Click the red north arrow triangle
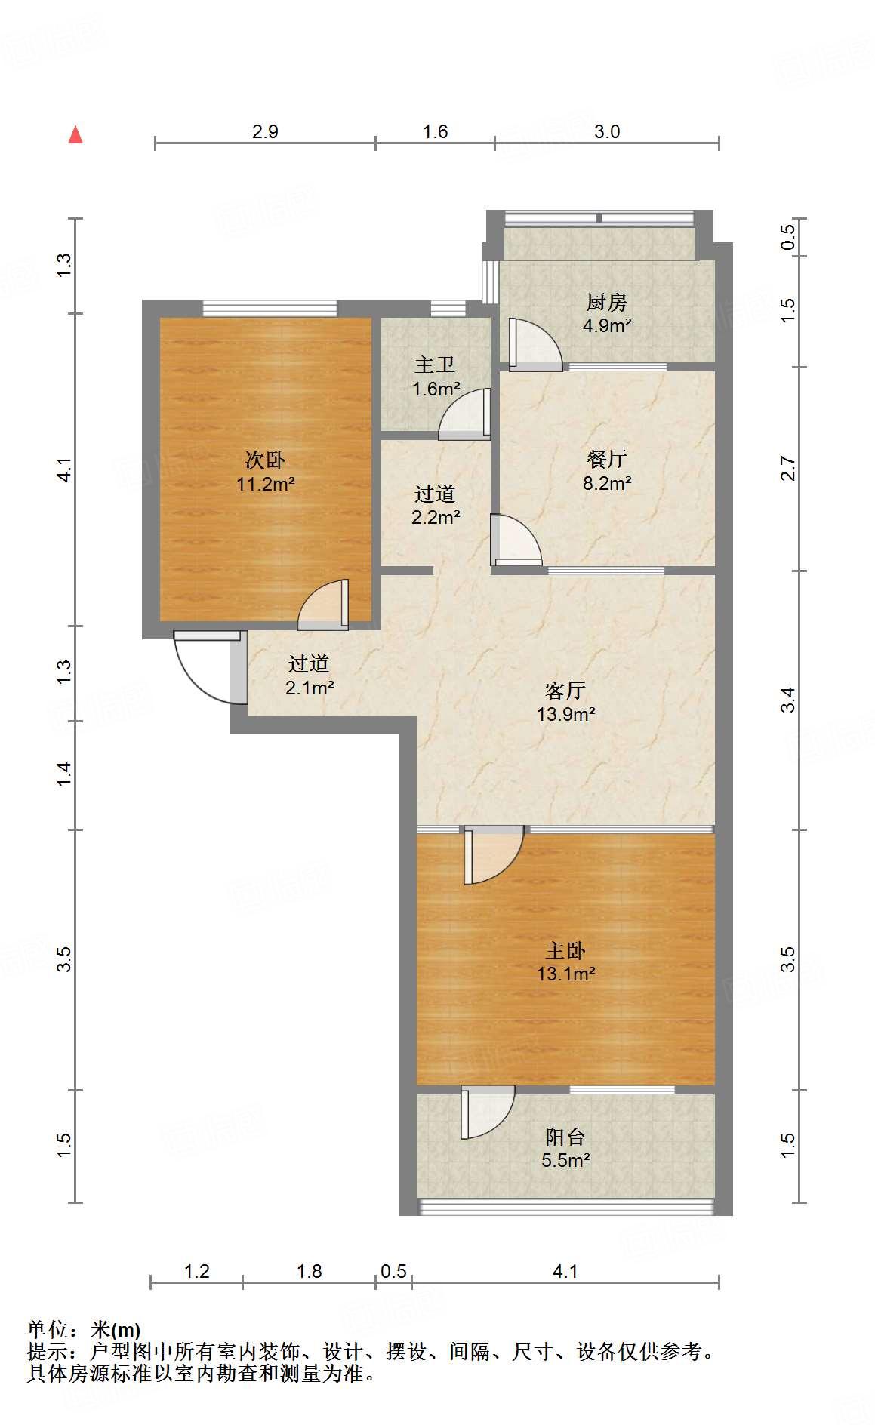(x=75, y=135)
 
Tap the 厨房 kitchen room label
(x=606, y=313)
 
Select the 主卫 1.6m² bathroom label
(x=436, y=377)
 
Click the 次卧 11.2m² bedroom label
(x=265, y=472)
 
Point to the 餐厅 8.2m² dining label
(x=606, y=471)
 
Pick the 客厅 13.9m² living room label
(x=565, y=702)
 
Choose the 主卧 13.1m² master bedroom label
(x=565, y=962)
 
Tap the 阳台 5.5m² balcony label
(x=565, y=1148)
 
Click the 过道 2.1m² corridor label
(x=309, y=675)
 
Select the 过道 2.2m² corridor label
(x=435, y=505)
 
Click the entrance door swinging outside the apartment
(x=204, y=668)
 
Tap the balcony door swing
(x=488, y=1111)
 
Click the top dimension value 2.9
(x=265, y=131)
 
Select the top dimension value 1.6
(x=435, y=131)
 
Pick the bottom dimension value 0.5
(x=393, y=1271)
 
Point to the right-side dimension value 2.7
(x=787, y=469)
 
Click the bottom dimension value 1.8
(x=310, y=1271)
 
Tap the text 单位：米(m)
(x=84, y=1329)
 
